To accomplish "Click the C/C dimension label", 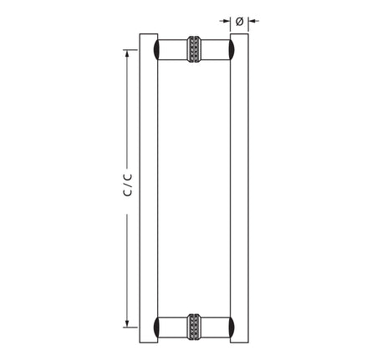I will pyautogui.click(x=127, y=185).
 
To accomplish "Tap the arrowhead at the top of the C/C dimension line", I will pyautogui.click(x=128, y=53).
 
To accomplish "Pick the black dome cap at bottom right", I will pyautogui.click(x=237, y=327).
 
